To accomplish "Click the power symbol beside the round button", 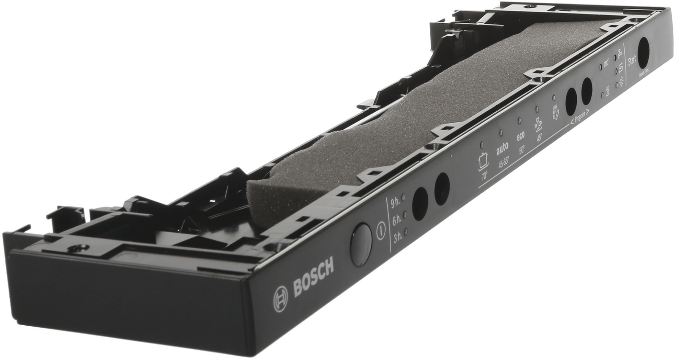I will pyautogui.click(x=380, y=230).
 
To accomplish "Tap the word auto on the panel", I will pyautogui.click(x=502, y=148).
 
